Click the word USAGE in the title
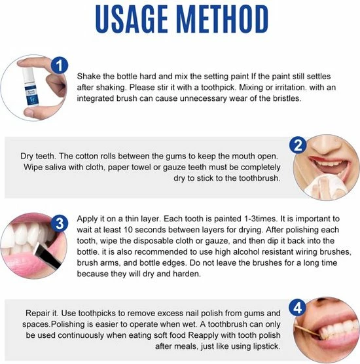132,19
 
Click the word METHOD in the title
223,19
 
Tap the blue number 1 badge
60,65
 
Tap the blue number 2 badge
298,145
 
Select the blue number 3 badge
60,223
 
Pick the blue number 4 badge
298,308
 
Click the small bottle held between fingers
30,87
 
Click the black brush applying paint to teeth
48,256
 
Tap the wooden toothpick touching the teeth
308,331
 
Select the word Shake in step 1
87,76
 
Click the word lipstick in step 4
266,346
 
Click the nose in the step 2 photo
326,146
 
